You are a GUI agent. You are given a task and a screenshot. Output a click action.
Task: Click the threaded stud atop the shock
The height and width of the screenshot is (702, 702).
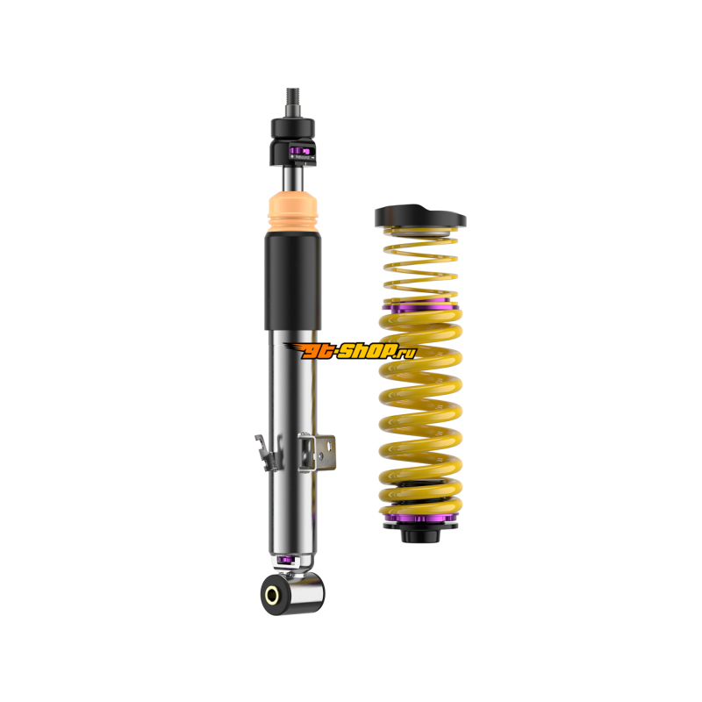coord(293,102)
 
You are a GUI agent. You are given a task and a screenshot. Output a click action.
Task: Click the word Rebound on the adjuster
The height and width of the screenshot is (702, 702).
coord(302,158)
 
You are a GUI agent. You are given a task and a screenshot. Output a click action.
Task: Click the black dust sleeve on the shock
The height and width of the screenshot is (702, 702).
coord(293,280)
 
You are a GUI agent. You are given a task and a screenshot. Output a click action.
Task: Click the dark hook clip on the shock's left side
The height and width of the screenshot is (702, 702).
coord(268,452)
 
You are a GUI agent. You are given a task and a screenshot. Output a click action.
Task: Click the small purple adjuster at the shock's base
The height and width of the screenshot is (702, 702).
coord(285,560)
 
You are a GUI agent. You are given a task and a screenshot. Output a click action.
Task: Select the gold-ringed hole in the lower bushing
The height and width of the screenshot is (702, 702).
coord(272,595)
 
